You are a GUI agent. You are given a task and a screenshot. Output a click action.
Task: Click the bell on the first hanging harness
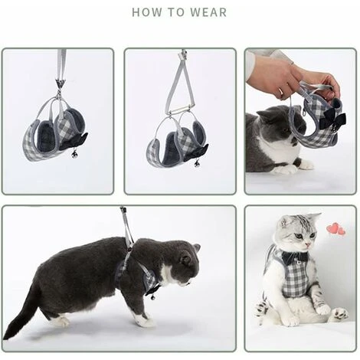pos(74,154)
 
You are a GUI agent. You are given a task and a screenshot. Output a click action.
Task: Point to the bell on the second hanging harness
pos(196,164)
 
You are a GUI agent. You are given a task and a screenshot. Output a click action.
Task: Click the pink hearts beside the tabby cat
pos(336,229)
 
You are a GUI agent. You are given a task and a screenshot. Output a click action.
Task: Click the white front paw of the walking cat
pos(145,321)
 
